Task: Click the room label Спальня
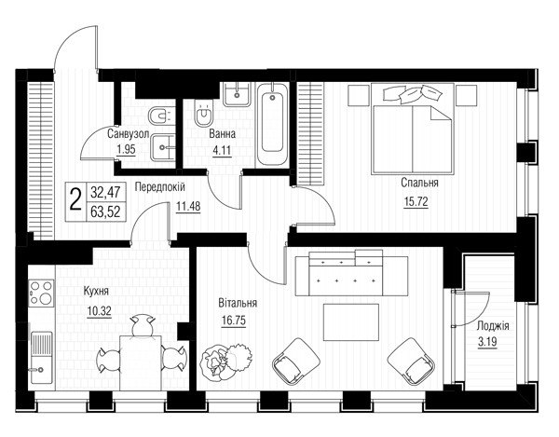click(x=419, y=184)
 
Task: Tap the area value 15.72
click(x=416, y=202)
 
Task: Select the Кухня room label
click(x=96, y=292)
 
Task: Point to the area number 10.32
click(x=99, y=311)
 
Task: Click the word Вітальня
click(x=238, y=303)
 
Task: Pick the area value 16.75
click(x=234, y=321)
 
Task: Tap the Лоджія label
click(x=493, y=326)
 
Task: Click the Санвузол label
click(x=128, y=134)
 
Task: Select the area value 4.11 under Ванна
click(x=222, y=151)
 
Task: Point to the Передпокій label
click(x=159, y=186)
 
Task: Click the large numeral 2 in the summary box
click(x=75, y=200)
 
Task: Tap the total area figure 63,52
click(x=105, y=212)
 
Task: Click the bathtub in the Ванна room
click(x=272, y=124)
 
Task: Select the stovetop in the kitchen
click(x=41, y=293)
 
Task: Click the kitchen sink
click(x=41, y=358)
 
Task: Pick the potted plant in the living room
click(x=225, y=359)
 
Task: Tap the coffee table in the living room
click(x=351, y=322)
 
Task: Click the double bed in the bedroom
click(x=413, y=129)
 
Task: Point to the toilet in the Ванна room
click(x=203, y=113)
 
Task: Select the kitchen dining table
click(x=141, y=362)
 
